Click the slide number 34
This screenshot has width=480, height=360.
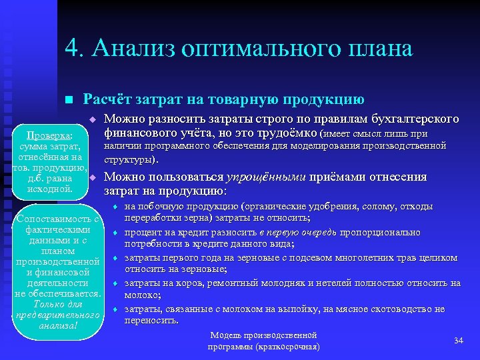[x=458, y=341]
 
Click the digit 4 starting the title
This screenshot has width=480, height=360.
[x=72, y=49]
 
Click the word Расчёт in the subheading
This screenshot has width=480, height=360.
[x=105, y=100]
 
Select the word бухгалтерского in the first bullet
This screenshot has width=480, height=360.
[x=415, y=119]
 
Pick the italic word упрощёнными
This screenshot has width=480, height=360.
[x=266, y=177]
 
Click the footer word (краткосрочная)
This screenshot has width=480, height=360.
[x=288, y=347]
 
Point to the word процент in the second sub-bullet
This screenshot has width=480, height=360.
[x=141, y=232]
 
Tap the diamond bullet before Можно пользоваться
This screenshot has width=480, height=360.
[x=94, y=177]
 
